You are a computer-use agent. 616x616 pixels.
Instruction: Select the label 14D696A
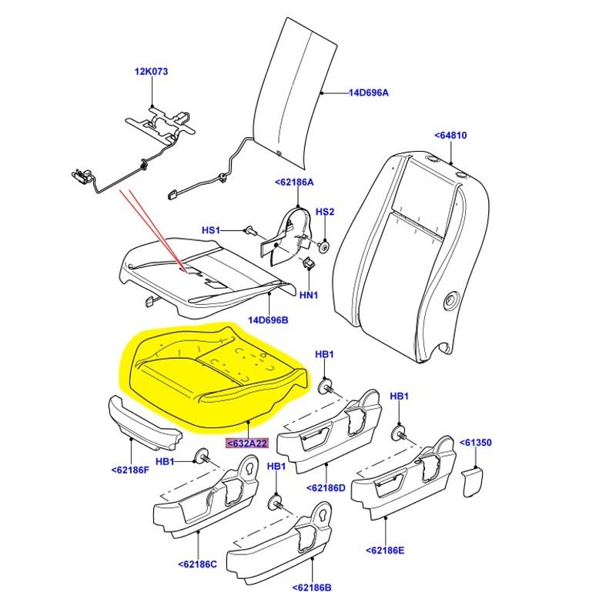pyautogui.click(x=368, y=93)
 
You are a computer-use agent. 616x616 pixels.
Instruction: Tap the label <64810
pyautogui.click(x=450, y=136)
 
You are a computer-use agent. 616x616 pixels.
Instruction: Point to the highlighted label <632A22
pyautogui.click(x=246, y=444)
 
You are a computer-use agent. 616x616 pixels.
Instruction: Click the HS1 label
pyautogui.click(x=211, y=230)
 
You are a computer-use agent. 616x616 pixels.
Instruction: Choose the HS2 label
pyautogui.click(x=326, y=212)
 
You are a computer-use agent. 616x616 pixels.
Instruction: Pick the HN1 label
pyautogui.click(x=309, y=294)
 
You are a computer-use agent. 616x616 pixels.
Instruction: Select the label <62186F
pyautogui.click(x=130, y=469)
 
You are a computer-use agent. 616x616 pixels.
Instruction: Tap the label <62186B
pyautogui.click(x=311, y=588)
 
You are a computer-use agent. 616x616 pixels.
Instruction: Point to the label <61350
pyautogui.click(x=475, y=443)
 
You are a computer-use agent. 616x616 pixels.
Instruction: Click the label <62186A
pyautogui.click(x=294, y=182)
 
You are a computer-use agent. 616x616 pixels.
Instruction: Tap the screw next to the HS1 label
pyautogui.click(x=250, y=229)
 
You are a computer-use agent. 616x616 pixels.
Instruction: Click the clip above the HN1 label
pyautogui.click(x=310, y=264)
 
